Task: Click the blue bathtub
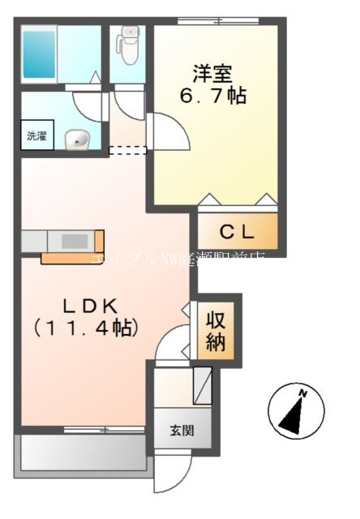pos(39,54)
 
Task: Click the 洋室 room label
pos(212,71)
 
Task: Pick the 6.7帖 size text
pos(212,96)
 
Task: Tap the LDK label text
pos(80,306)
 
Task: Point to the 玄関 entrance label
pos(182,431)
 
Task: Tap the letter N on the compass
pos(303,393)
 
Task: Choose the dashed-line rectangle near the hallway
pos(127,149)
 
